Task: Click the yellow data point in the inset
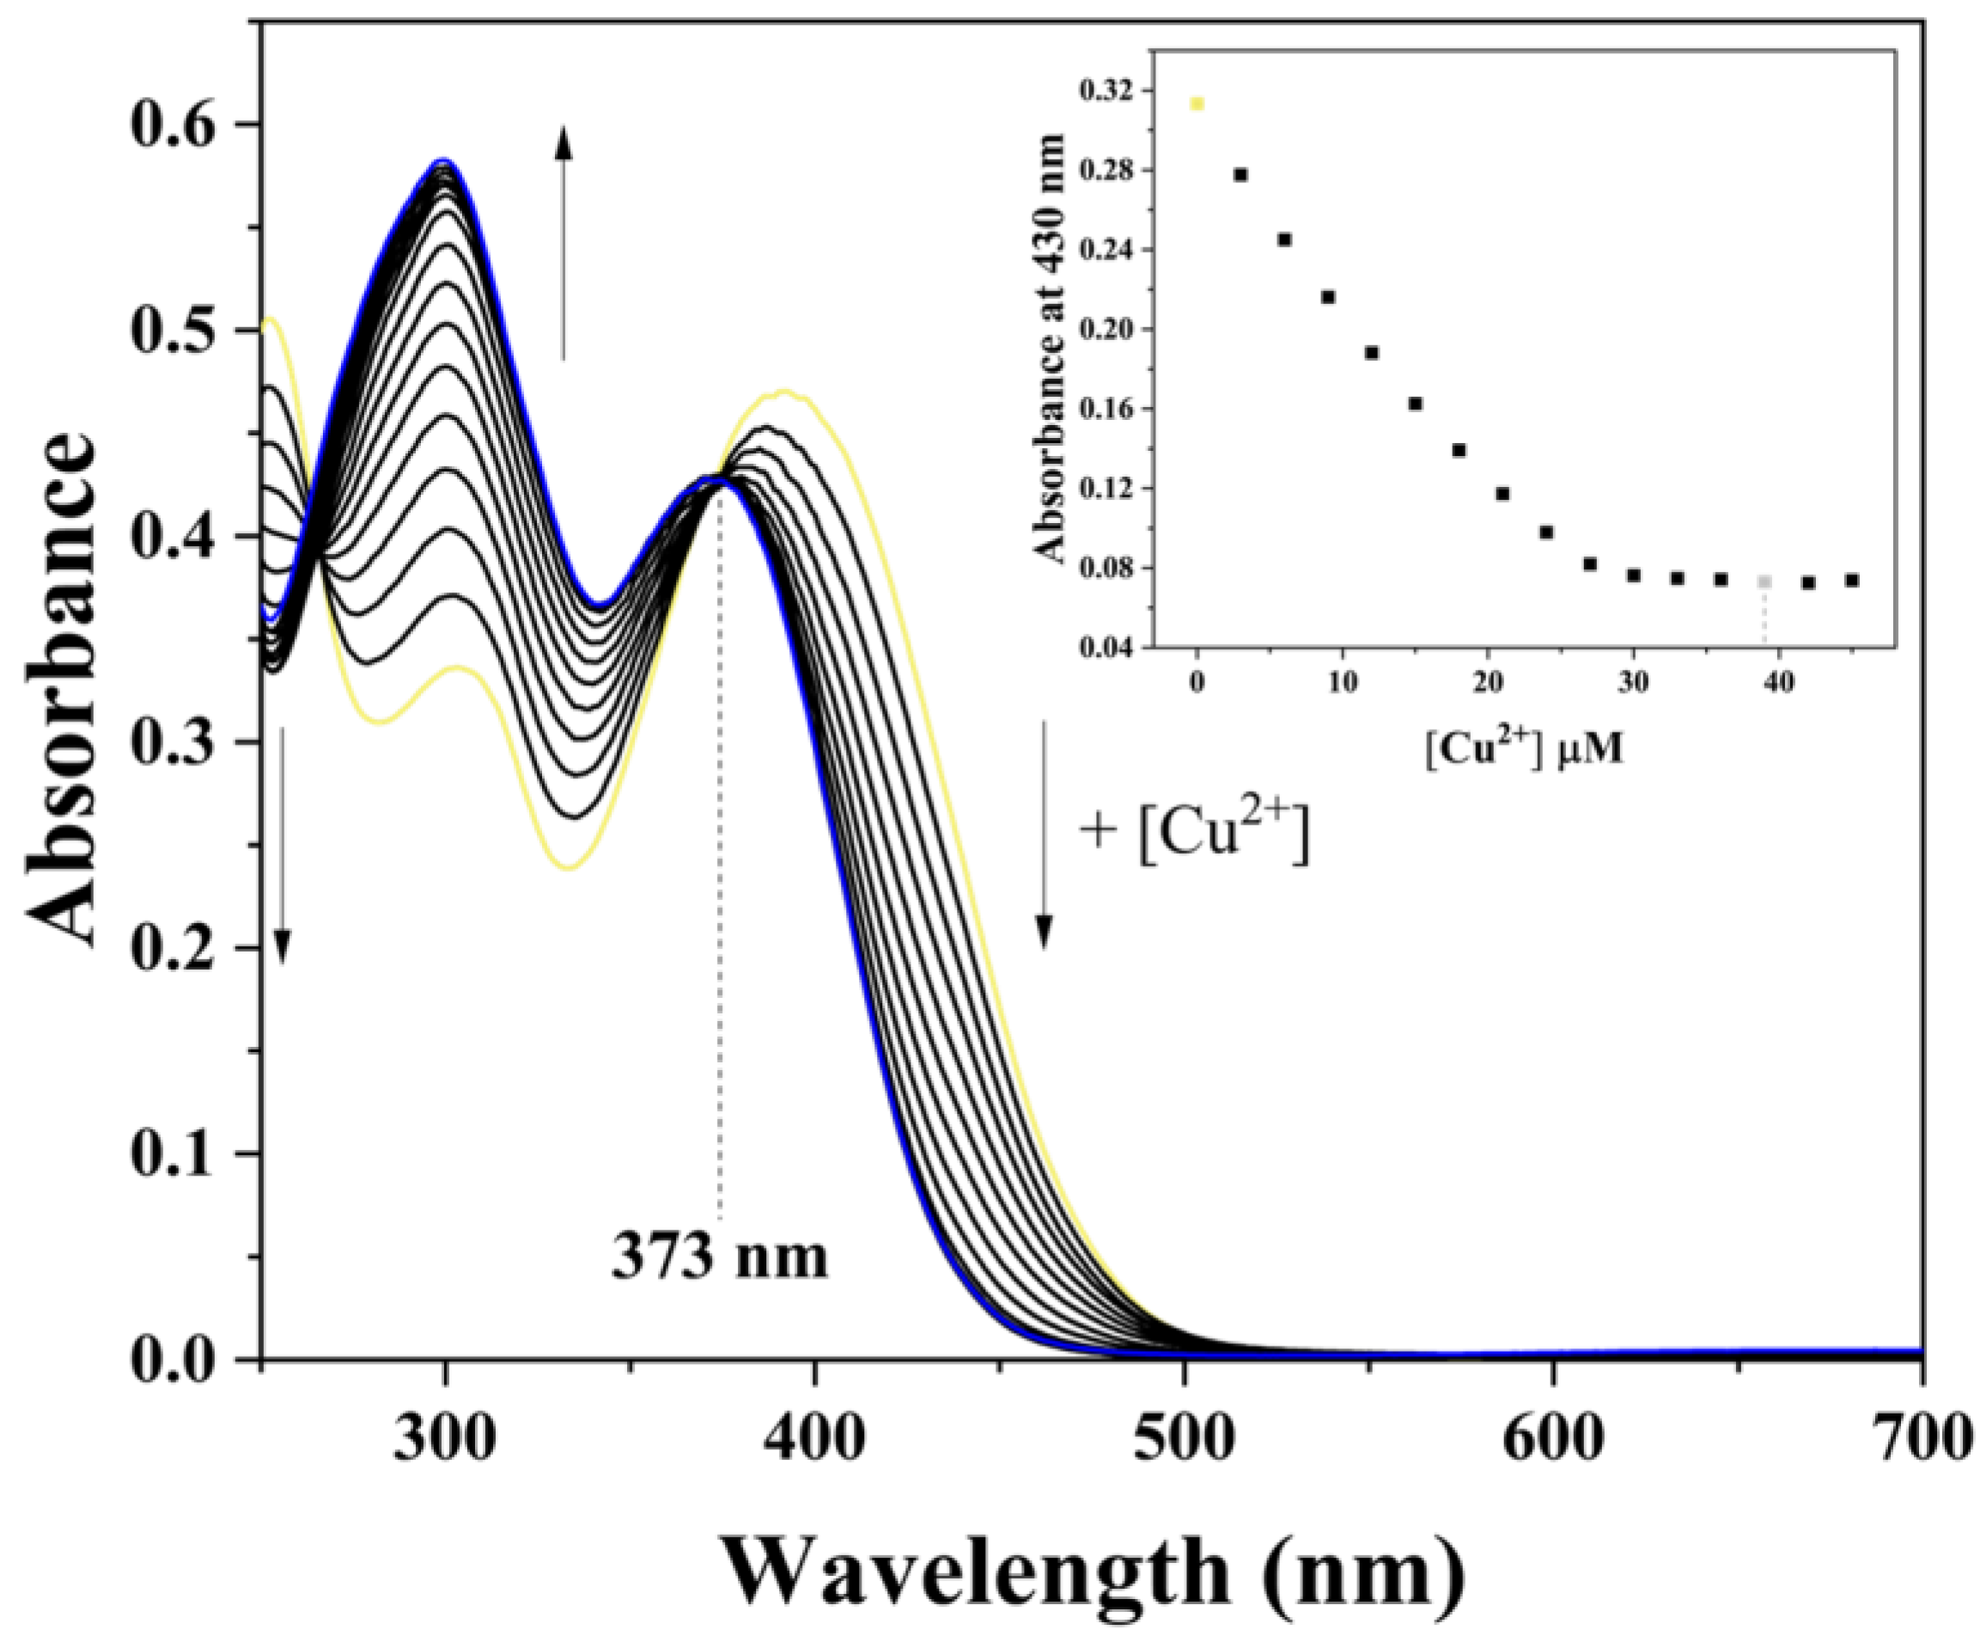click(1197, 104)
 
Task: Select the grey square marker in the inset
click(1764, 581)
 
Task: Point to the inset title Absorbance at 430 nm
click(1050, 349)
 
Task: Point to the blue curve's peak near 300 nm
click(443, 161)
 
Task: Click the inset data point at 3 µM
click(1240, 174)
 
